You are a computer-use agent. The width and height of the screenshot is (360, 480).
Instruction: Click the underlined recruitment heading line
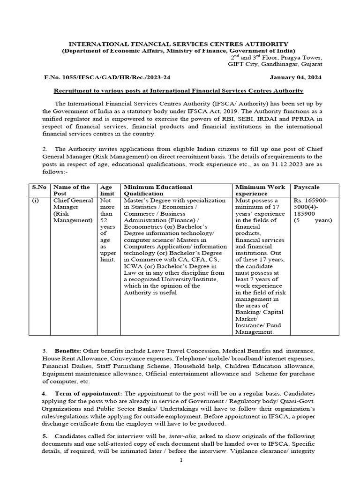click(179, 90)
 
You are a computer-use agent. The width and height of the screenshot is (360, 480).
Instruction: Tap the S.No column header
click(39, 187)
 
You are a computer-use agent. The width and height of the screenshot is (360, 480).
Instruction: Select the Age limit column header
click(107, 190)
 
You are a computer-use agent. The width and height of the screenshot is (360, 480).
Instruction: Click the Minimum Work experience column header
click(260, 190)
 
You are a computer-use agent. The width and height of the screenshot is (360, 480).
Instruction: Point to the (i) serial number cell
click(36, 200)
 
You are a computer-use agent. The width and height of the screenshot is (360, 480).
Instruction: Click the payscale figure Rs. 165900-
click(311, 200)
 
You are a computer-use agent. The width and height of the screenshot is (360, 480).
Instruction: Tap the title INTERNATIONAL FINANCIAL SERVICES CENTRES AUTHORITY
click(179, 44)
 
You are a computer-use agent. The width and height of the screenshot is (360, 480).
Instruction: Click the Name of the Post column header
click(71, 190)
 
